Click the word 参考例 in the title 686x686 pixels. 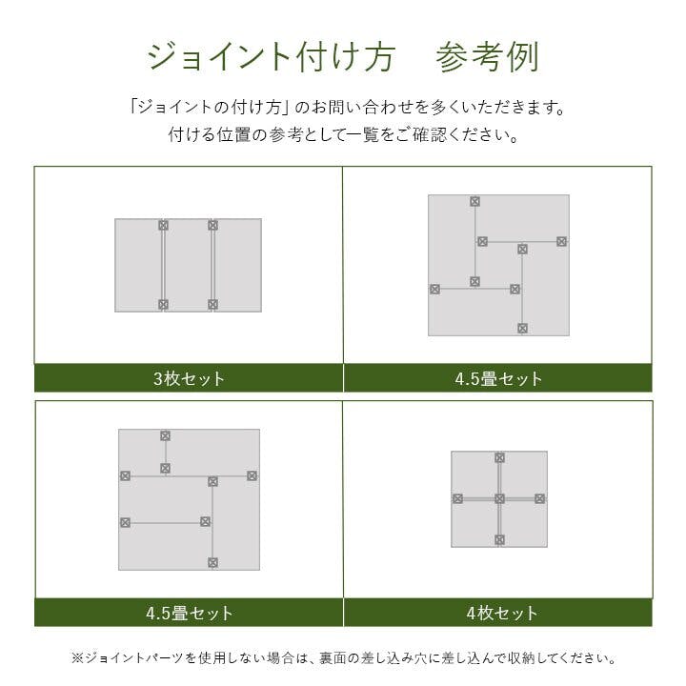pos(487,56)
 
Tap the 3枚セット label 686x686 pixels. pos(189,378)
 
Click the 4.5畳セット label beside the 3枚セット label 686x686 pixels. pos(498,378)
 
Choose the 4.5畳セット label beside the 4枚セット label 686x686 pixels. pos(189,613)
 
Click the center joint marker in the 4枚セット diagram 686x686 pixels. pos(499,498)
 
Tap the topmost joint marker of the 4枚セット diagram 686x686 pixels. pos(499,457)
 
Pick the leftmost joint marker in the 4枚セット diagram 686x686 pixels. pos(457,498)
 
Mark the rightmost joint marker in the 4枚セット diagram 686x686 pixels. pos(539,498)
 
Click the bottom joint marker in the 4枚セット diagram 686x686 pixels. pos(499,539)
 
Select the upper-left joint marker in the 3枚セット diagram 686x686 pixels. pos(163,226)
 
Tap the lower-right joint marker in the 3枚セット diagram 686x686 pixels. pos(212,304)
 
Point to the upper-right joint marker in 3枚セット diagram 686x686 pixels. pos(212,226)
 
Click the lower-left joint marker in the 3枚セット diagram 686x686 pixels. pos(163,304)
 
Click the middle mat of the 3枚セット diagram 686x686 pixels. pos(188,265)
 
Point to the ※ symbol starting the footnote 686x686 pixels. pos(77,658)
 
